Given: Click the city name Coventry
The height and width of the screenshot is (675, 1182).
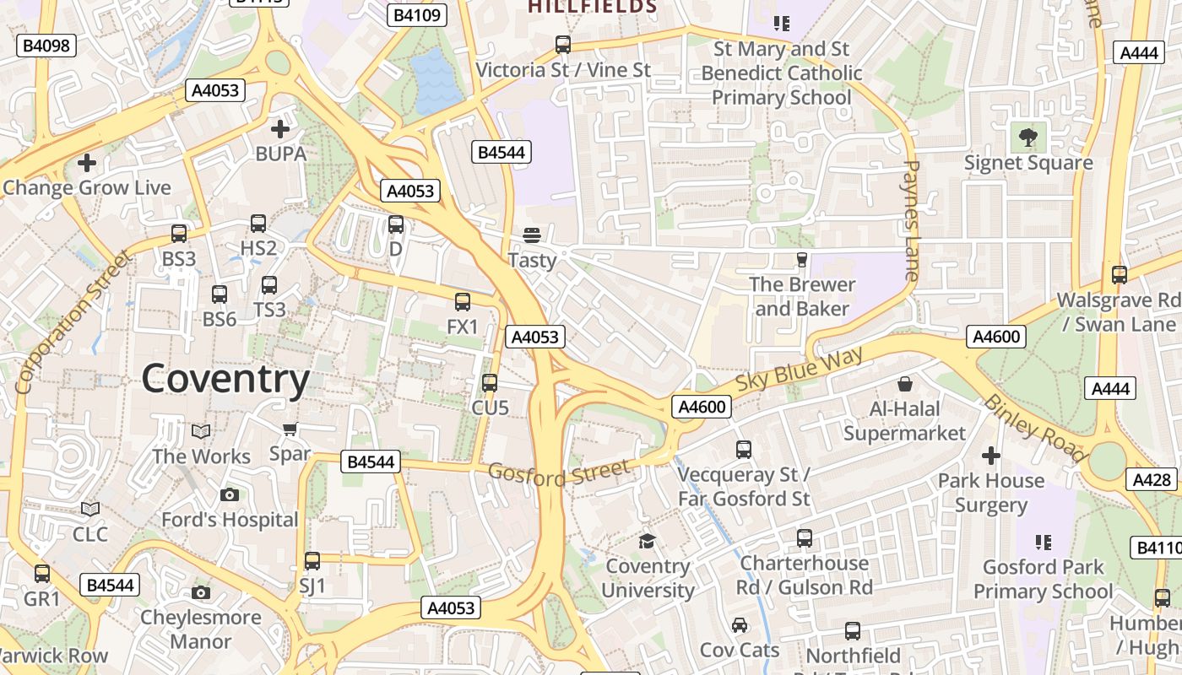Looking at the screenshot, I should (225, 380).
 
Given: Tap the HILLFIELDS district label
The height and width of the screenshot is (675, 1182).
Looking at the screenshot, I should (592, 7).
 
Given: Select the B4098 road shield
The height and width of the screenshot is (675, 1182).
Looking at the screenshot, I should (46, 46).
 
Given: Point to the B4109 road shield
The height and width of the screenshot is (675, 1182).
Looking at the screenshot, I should (416, 14).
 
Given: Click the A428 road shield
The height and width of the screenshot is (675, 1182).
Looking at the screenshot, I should (1152, 479).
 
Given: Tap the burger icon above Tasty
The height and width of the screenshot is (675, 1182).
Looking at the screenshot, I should (532, 235).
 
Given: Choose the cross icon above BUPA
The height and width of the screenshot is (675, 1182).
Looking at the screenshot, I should (280, 129).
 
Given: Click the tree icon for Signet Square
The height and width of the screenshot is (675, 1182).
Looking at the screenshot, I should (1027, 137).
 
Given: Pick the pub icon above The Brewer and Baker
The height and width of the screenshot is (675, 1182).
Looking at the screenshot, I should (801, 259).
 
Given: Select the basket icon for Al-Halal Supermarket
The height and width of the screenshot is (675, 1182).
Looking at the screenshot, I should (905, 385).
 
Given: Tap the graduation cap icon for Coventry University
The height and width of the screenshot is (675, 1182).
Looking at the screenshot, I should (648, 541).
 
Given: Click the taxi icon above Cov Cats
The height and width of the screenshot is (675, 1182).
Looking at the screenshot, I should (740, 625).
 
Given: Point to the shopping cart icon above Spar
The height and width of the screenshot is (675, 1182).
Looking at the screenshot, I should (290, 429).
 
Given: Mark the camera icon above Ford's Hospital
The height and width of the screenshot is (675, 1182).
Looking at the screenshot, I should (229, 494).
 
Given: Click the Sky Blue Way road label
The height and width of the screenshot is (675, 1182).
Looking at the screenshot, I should (800, 369).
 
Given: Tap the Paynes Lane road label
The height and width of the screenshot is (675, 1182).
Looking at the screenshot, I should (910, 220).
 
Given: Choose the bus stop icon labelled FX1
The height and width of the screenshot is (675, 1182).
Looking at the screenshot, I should (463, 302).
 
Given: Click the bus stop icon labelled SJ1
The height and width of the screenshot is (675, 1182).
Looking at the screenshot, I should (312, 561).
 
